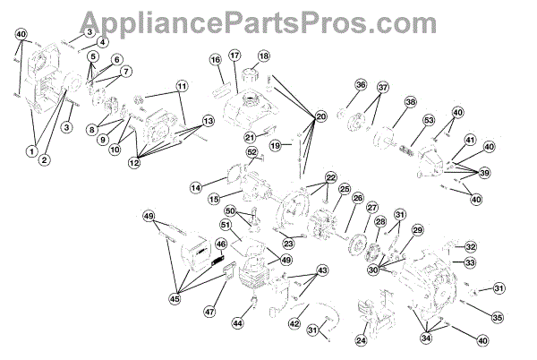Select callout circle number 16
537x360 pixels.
216,60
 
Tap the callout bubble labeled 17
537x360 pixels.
235,56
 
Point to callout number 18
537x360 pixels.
264,56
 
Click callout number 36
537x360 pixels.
361,85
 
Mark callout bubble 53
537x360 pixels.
429,121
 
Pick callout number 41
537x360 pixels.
470,140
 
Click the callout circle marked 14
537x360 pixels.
196,187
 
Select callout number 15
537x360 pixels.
213,198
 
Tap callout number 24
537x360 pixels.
362,339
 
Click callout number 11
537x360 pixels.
183,87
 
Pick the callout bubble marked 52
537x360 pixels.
252,152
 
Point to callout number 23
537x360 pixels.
288,242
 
